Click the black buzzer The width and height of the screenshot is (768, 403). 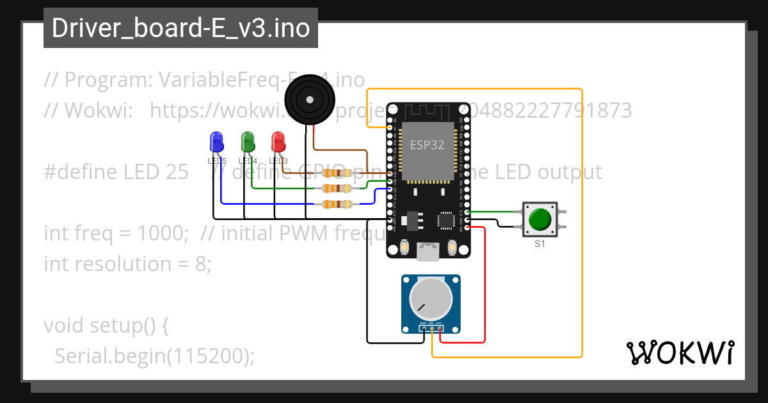pos(310,100)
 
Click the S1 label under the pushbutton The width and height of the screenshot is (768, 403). pos(540,244)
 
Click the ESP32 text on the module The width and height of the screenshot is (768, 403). pos(427,145)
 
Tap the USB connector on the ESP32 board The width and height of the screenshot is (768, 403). pos(427,251)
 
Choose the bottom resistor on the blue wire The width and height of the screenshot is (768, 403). pos(336,204)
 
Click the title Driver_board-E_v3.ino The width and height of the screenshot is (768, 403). pos(180,29)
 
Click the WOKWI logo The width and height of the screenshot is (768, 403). pos(679,352)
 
